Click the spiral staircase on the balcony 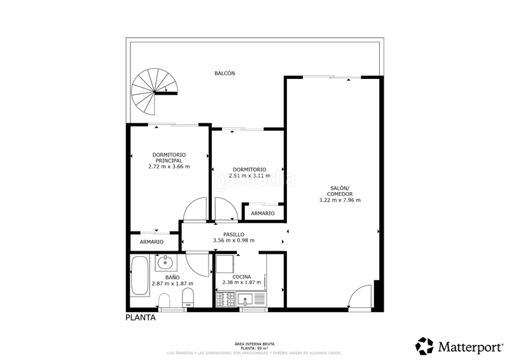coord(150,93)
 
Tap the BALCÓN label coord(225,73)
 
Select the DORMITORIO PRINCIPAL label coord(169,158)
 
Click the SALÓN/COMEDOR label coord(340,191)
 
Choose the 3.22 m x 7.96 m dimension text coord(340,200)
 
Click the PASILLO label coord(234,234)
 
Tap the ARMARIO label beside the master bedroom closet coord(151,242)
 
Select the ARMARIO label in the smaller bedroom coord(263,214)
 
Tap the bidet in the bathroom coord(165,301)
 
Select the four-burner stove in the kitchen coord(225,297)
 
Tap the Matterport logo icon coord(424,346)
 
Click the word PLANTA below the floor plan coord(140,318)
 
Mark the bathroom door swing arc coord(199,264)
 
